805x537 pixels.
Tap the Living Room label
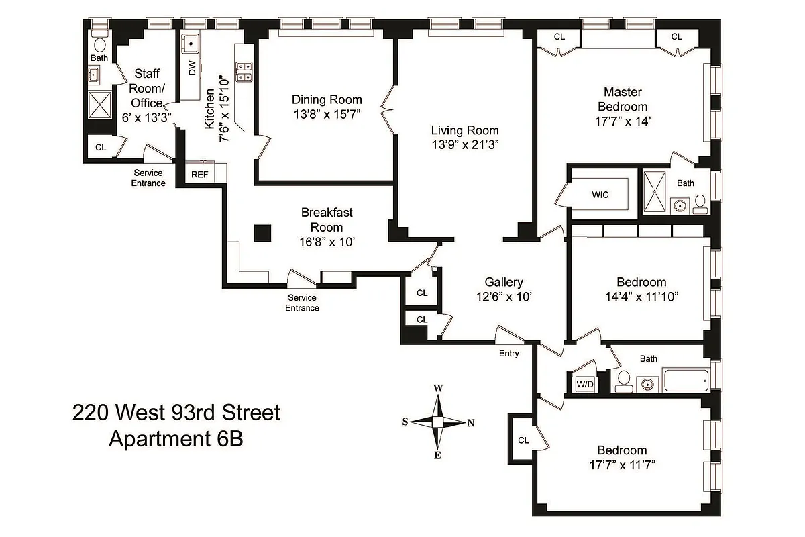[x=465, y=130]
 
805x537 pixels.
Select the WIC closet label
[x=600, y=195]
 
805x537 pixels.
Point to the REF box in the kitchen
[x=200, y=174]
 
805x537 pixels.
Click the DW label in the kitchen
[x=193, y=68]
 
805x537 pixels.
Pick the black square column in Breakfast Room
[x=262, y=233]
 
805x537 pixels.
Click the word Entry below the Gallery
[x=508, y=354]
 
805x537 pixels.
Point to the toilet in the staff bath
[x=100, y=45]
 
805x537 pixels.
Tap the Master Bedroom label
[x=625, y=99]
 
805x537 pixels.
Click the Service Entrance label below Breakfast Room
[x=302, y=303]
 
